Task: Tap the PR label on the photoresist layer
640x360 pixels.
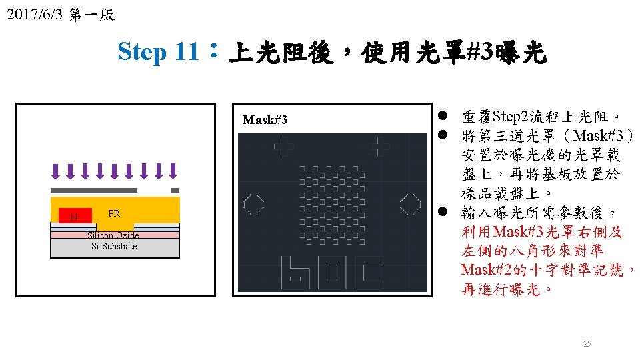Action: pos(114,213)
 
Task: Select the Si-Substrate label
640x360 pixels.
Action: pos(114,247)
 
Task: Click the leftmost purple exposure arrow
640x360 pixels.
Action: pos(55,171)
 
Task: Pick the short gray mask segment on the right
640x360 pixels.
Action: pos(175,191)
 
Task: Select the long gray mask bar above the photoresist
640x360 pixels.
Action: pos(94,191)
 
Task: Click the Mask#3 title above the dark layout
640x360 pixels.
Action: pos(265,120)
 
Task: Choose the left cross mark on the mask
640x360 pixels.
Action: pos(285,145)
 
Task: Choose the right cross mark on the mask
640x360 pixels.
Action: pos(380,145)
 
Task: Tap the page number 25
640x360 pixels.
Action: pos(587,344)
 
